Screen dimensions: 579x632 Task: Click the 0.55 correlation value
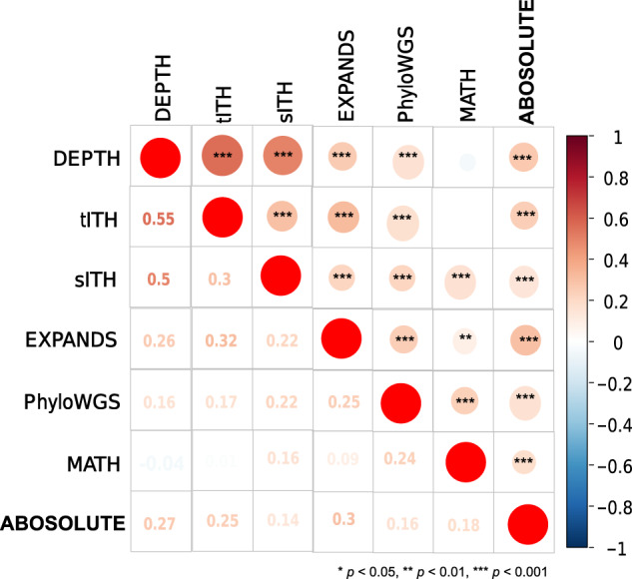160,218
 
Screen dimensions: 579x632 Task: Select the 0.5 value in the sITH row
160,280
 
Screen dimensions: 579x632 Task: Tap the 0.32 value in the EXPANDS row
222,339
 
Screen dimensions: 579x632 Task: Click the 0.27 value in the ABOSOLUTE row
160,523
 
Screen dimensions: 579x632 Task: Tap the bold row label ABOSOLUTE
65,523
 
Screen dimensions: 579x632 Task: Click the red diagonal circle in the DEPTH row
160,157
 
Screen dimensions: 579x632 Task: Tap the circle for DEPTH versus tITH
222,157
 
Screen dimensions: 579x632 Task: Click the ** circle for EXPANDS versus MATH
464,339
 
